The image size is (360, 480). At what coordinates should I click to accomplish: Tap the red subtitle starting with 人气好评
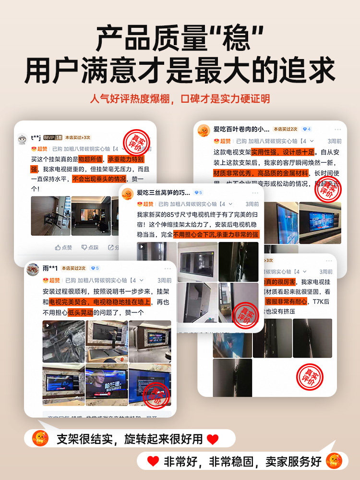[x=180, y=99]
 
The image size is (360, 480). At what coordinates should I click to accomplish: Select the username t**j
[x=36, y=137]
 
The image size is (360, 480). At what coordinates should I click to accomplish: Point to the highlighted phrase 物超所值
[x=91, y=159]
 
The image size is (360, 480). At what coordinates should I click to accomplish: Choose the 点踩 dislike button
[x=90, y=247]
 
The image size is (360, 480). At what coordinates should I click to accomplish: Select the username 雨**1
[x=50, y=268]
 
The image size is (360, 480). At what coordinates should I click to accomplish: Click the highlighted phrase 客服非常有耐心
[x=285, y=301]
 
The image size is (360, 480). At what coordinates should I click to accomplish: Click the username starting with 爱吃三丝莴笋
[x=163, y=192]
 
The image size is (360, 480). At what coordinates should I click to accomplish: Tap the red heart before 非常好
[x=153, y=461]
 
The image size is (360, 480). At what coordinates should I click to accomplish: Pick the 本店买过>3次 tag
[x=78, y=137]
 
